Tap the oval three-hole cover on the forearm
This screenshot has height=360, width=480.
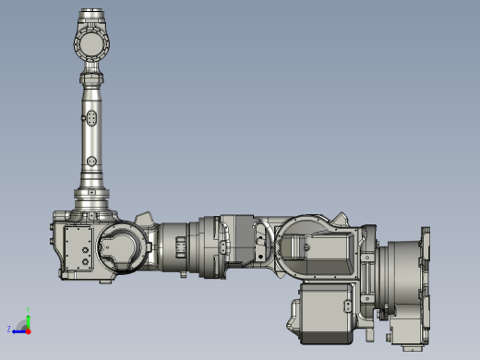tap(93, 120)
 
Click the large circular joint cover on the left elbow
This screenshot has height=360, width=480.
tap(120, 247)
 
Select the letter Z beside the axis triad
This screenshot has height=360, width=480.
tap(10, 329)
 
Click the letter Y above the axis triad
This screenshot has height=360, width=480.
tap(28, 310)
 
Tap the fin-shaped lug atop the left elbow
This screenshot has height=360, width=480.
tap(143, 218)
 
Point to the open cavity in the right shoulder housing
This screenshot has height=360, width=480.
tap(318, 247)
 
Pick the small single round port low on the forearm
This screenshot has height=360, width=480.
tap(93, 164)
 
